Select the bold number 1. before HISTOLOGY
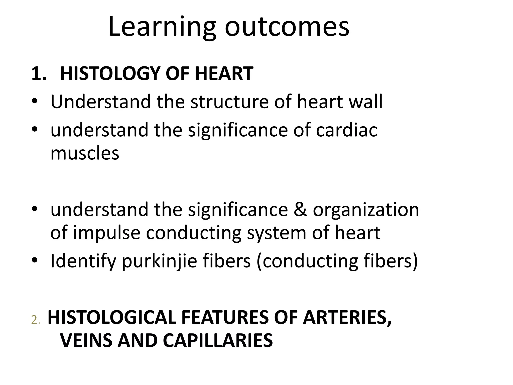coord(39,74)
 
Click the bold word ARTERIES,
coord(347,318)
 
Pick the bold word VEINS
coord(86,340)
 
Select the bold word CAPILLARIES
coord(218,340)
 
